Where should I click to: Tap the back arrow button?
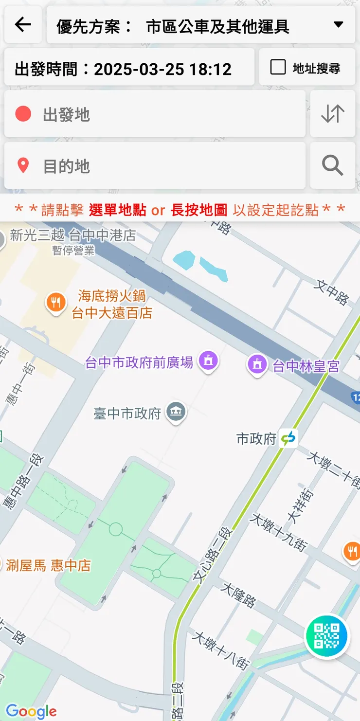click(x=23, y=24)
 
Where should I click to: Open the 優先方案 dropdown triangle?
click(x=339, y=25)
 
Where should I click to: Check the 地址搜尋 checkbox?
click(x=278, y=67)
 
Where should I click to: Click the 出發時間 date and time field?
click(x=129, y=69)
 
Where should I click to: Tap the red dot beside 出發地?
click(x=23, y=114)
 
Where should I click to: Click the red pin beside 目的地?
click(x=23, y=166)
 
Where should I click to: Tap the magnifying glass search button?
click(x=333, y=165)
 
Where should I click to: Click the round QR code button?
click(x=326, y=636)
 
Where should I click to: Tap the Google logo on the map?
click(x=32, y=711)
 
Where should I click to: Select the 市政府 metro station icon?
click(x=288, y=438)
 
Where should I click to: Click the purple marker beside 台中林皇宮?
click(x=257, y=364)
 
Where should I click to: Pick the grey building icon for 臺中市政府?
click(x=176, y=413)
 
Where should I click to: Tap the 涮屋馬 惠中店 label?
click(x=49, y=565)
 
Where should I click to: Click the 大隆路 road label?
click(x=238, y=595)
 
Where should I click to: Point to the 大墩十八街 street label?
click(x=221, y=649)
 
